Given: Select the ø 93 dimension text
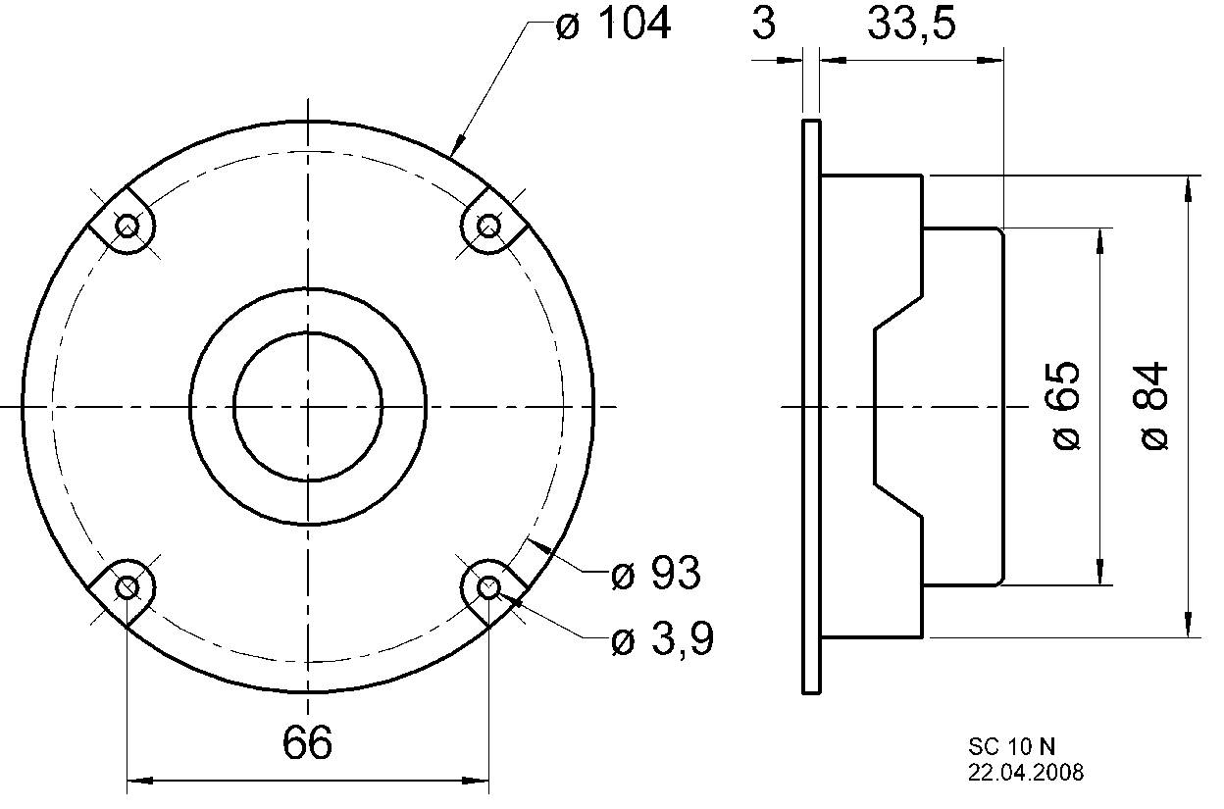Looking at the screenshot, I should point(655,574).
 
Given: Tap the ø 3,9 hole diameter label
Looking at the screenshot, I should point(661,641).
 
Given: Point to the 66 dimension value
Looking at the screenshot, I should point(307,744).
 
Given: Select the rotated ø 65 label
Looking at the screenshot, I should point(1066,405).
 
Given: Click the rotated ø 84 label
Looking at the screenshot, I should point(1155,405).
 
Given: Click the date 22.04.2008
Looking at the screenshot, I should point(1026,774).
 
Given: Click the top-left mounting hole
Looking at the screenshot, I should point(127,228).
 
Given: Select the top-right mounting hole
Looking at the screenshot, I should point(488,228).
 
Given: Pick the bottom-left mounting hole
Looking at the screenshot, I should point(127,587).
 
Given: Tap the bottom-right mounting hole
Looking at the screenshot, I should point(488,587).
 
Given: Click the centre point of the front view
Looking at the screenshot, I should point(308,406).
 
